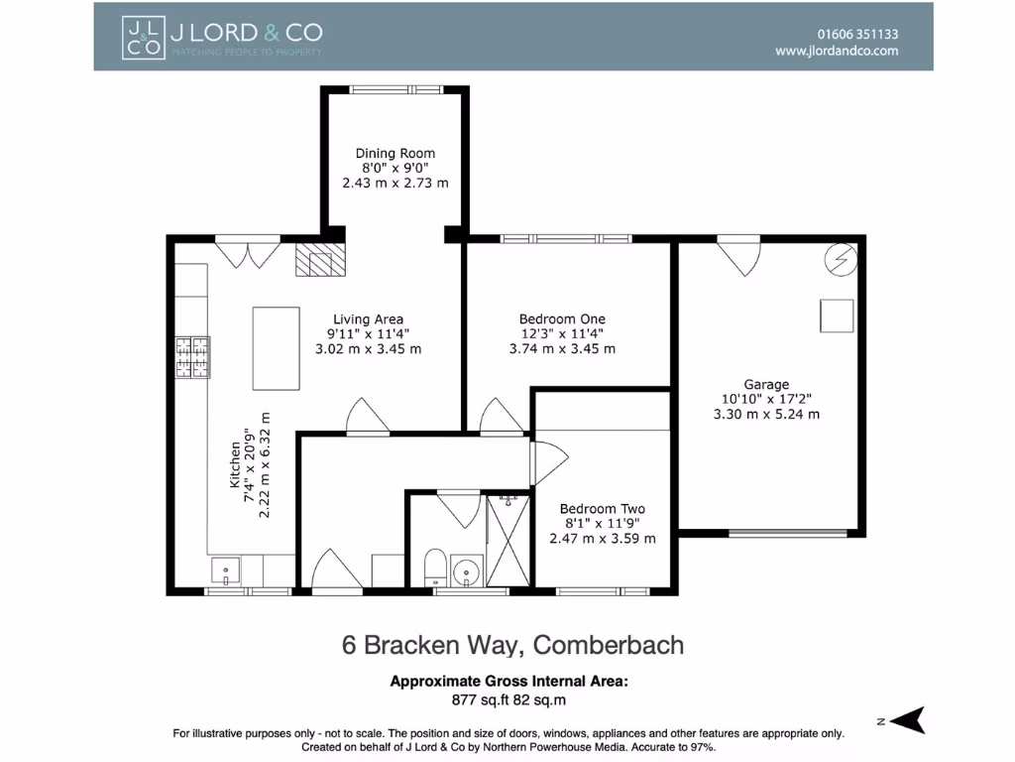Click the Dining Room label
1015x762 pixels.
click(x=395, y=153)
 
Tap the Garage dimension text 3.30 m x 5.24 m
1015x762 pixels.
click(x=766, y=415)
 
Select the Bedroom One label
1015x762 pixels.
click(x=562, y=318)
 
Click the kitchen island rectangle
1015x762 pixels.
click(x=277, y=348)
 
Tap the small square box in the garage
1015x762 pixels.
click(x=836, y=316)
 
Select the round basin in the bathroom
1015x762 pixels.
click(x=465, y=571)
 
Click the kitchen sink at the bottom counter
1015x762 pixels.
click(x=226, y=571)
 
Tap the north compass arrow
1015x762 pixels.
click(x=904, y=720)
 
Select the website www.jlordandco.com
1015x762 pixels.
click(x=837, y=50)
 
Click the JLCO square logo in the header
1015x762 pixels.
click(x=143, y=37)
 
